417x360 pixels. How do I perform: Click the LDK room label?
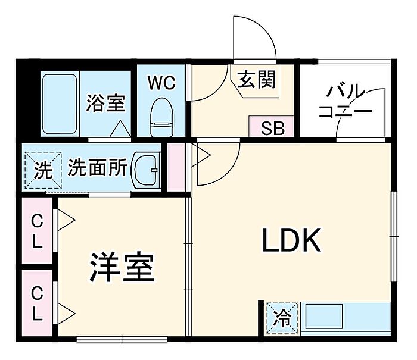tap(292, 241)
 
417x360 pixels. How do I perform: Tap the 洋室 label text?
tap(122, 268)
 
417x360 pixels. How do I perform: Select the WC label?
tap(162, 83)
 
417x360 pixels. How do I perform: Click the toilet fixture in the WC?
tap(161, 118)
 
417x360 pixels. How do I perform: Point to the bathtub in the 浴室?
tap(60, 104)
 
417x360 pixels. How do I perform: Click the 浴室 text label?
tap(105, 103)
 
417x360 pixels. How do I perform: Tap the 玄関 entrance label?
tap(258, 79)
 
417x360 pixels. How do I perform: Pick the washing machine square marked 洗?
tap(42, 170)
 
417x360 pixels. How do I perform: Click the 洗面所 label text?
tap(97, 169)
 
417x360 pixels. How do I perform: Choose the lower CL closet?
tap(38, 303)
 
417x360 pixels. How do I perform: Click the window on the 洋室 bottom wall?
tap(122, 340)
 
